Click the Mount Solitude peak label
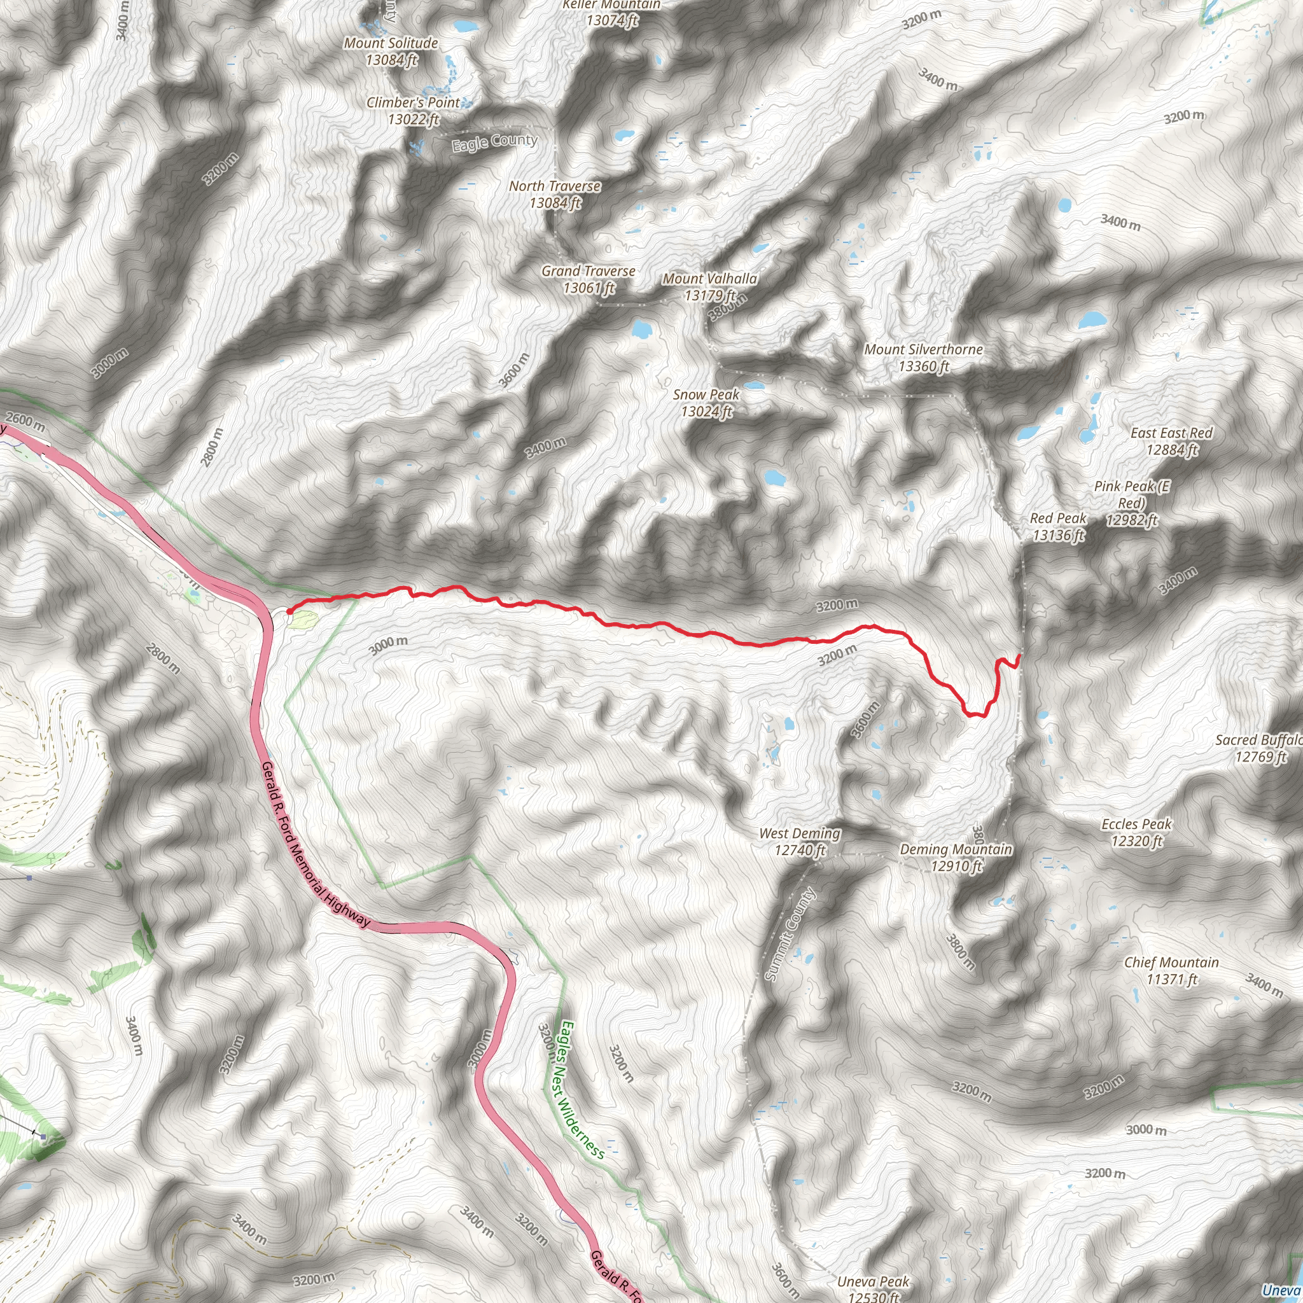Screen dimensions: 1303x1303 point(391,52)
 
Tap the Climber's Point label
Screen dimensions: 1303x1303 point(413,111)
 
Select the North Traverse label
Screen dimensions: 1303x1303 point(554,193)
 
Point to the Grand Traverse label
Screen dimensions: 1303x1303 point(588,279)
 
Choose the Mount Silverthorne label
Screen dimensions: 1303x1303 point(923,358)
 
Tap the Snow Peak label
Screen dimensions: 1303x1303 point(706,402)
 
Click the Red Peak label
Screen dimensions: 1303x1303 point(1058,526)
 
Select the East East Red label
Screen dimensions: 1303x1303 point(1171,440)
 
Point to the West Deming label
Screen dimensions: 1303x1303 point(800,841)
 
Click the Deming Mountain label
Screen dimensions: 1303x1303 point(956,856)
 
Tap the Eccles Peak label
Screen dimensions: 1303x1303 point(1136,832)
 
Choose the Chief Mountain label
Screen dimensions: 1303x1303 point(1171,970)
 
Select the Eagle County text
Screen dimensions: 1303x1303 point(494,142)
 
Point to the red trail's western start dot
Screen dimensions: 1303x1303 point(289,611)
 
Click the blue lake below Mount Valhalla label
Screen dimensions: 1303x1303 point(641,329)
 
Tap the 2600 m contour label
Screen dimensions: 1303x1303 point(25,422)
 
